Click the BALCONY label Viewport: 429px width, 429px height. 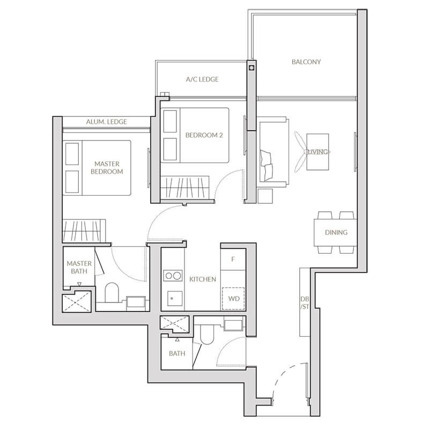(306, 62)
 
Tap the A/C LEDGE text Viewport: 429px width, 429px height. (202, 79)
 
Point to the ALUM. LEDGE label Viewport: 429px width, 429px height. (106, 122)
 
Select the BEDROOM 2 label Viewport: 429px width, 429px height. (204, 135)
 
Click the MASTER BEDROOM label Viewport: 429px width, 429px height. (107, 168)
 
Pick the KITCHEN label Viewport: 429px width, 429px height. (203, 279)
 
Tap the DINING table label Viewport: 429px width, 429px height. (336, 232)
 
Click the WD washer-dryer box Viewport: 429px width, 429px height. (233, 299)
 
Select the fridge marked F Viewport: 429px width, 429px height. (233, 259)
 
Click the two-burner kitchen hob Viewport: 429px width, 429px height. (173, 276)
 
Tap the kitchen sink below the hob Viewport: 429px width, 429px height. (175, 298)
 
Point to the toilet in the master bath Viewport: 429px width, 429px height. (112, 292)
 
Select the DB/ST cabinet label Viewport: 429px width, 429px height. (305, 303)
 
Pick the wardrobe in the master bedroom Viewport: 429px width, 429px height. (84, 231)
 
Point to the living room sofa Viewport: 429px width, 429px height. (273, 152)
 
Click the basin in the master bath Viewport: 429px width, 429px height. (136, 301)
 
